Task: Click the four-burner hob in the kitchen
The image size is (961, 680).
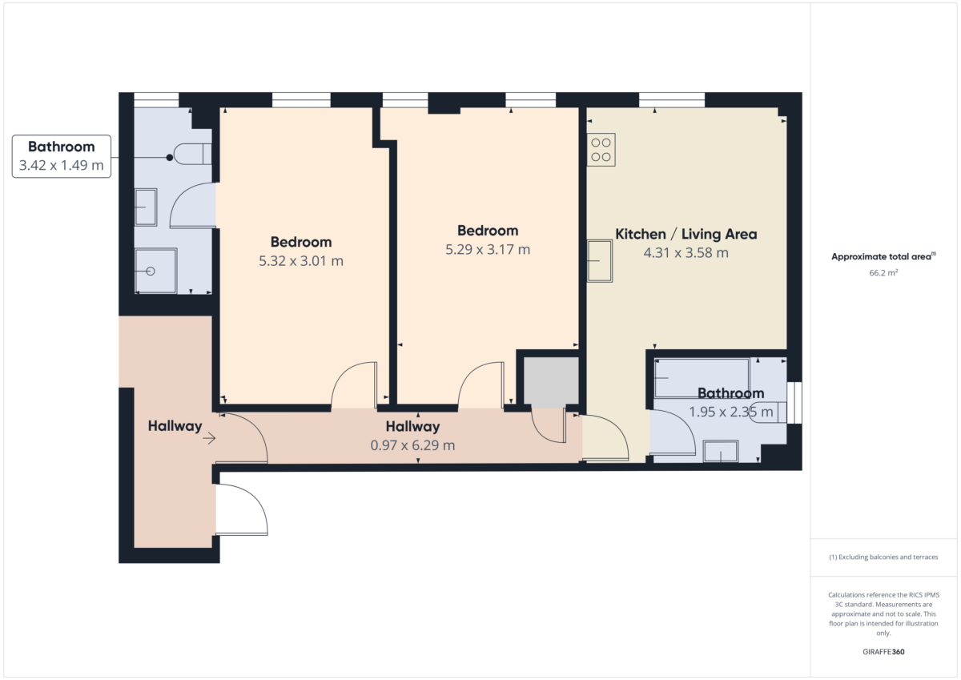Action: pyautogui.click(x=601, y=150)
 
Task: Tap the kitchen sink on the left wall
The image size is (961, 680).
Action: pyautogui.click(x=600, y=261)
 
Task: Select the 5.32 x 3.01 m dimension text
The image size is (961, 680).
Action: pyautogui.click(x=301, y=261)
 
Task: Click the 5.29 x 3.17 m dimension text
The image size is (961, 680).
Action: pyautogui.click(x=488, y=249)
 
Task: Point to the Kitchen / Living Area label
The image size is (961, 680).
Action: pyautogui.click(x=686, y=234)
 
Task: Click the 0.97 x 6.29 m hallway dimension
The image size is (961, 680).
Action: pyautogui.click(x=412, y=445)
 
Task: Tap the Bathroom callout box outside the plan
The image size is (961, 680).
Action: pyautogui.click(x=62, y=156)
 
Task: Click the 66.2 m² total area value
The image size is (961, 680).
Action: pyautogui.click(x=883, y=273)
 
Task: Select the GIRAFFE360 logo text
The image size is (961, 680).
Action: pyautogui.click(x=883, y=652)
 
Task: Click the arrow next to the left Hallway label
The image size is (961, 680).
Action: pyautogui.click(x=209, y=438)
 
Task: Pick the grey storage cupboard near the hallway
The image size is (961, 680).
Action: pyautogui.click(x=551, y=382)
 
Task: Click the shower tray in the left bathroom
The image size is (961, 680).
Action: pyautogui.click(x=155, y=271)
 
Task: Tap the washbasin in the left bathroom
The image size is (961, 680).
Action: pyautogui.click(x=146, y=207)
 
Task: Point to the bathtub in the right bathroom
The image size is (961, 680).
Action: pyautogui.click(x=702, y=378)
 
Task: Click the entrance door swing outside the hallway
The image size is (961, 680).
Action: pyautogui.click(x=242, y=509)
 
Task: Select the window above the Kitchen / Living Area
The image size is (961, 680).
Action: pyautogui.click(x=672, y=100)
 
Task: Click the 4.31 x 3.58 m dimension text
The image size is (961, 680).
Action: pyautogui.click(x=686, y=252)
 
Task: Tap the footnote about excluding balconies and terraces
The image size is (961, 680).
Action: pyautogui.click(x=883, y=557)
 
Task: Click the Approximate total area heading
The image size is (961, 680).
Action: pyautogui.click(x=883, y=256)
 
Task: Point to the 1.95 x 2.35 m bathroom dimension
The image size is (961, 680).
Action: pyautogui.click(x=731, y=412)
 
